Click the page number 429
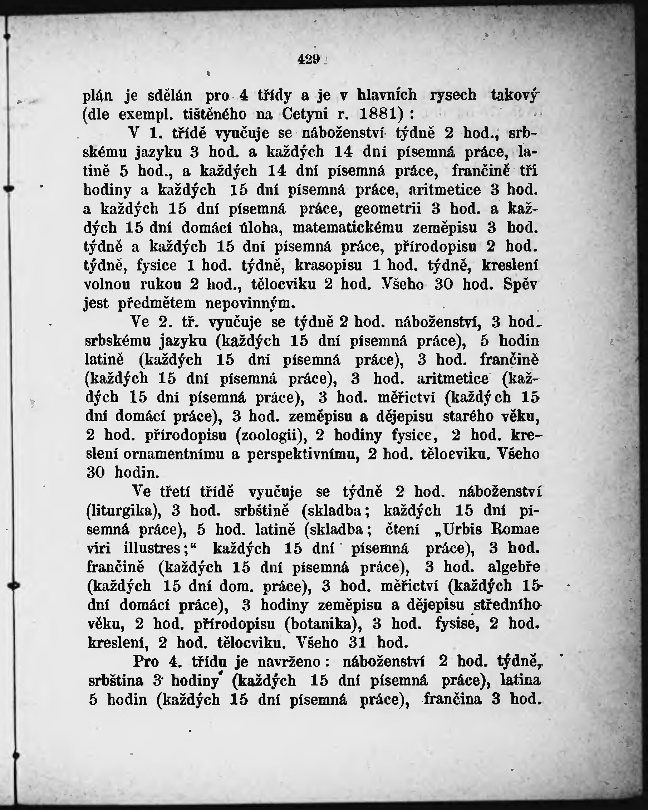coord(309,59)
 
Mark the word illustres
coord(155,548)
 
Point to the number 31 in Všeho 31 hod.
coord(357,643)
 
